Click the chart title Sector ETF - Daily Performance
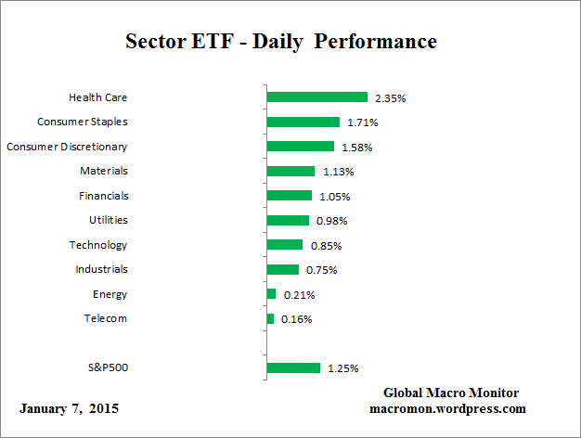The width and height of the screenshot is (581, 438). click(280, 43)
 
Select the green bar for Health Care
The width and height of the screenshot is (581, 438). click(316, 97)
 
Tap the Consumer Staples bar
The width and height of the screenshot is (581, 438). click(303, 122)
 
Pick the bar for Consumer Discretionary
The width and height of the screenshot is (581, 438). click(300, 146)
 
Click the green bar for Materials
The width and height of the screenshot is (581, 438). click(290, 171)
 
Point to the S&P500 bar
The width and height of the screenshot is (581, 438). click(293, 367)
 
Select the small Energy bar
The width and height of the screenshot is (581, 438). click(271, 294)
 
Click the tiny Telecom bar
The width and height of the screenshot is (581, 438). click(270, 318)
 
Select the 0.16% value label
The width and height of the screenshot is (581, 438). click(296, 319)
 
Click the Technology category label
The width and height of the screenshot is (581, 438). click(98, 245)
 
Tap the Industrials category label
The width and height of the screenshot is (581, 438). click(102, 269)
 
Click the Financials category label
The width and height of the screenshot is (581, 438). click(103, 196)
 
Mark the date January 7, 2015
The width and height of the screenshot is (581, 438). click(69, 409)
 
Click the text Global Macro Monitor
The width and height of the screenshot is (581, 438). click(451, 393)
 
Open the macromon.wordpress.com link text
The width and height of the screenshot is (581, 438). click(448, 408)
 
